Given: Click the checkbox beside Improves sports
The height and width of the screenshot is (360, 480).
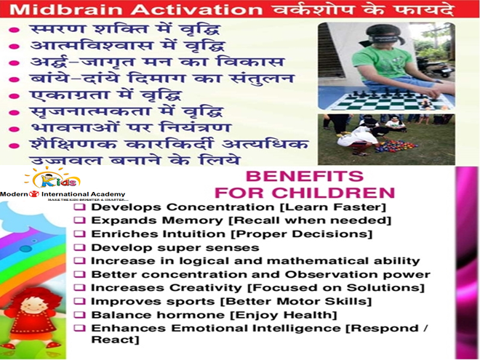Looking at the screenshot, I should (x=84, y=301).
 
